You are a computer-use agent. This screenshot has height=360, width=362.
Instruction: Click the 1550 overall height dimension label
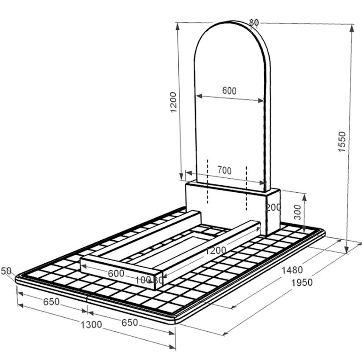[342, 141]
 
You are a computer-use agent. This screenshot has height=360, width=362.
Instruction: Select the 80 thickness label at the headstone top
[254, 22]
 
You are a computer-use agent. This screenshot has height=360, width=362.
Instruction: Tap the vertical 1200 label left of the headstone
[173, 102]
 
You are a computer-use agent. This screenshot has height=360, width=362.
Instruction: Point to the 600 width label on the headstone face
[229, 91]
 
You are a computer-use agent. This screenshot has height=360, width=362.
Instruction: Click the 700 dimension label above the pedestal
[225, 171]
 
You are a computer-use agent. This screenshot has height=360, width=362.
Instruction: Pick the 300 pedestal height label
[298, 212]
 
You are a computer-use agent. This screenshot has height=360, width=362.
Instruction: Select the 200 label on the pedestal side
[273, 207]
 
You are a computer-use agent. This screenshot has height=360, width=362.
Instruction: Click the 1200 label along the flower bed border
[216, 250]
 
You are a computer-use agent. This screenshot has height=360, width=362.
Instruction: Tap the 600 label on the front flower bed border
[116, 273]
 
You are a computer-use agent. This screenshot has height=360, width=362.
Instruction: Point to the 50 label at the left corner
[6, 271]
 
